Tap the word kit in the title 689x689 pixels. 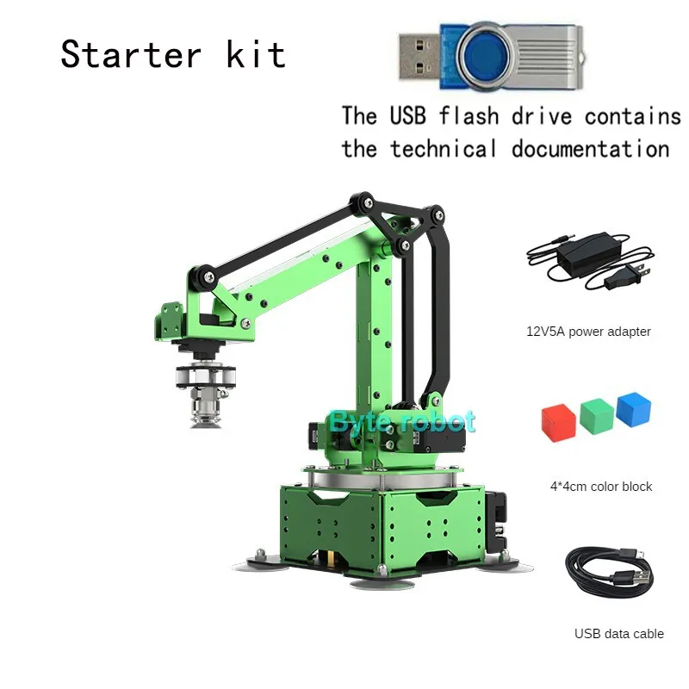coord(256,54)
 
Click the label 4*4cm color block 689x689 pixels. coord(601,487)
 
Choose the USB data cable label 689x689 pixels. coord(619,634)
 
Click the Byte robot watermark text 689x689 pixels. coord(401,421)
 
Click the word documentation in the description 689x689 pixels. coord(590,148)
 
